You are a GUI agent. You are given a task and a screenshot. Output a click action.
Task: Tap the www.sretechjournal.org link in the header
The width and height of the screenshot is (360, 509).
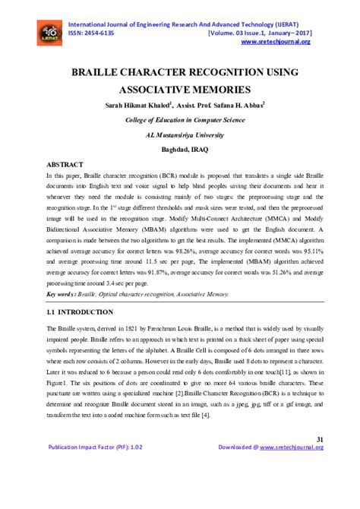pyautogui.click(x=281, y=43)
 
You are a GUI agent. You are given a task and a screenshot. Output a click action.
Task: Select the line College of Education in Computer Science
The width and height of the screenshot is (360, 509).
pyautogui.click(x=181, y=121)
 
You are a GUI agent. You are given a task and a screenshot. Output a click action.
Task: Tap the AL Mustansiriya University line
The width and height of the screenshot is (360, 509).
pyautogui.click(x=181, y=135)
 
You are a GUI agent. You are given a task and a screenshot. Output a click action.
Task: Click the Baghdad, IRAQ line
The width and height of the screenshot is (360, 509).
pyautogui.click(x=181, y=149)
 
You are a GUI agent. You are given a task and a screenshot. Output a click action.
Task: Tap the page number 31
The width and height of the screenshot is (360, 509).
pyautogui.click(x=319, y=438)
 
